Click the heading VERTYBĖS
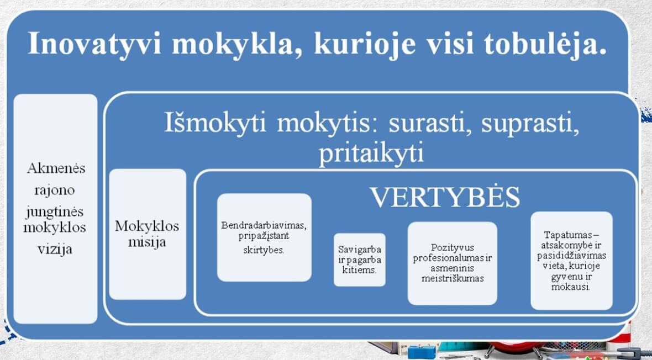(x=445, y=197)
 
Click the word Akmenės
(x=56, y=168)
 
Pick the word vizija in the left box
(x=55, y=249)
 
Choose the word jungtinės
(x=55, y=212)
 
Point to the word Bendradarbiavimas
(x=264, y=225)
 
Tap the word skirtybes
(x=264, y=251)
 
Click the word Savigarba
(x=359, y=250)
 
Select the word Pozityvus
(x=452, y=248)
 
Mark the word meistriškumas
(x=453, y=278)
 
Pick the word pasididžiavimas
(x=571, y=256)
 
